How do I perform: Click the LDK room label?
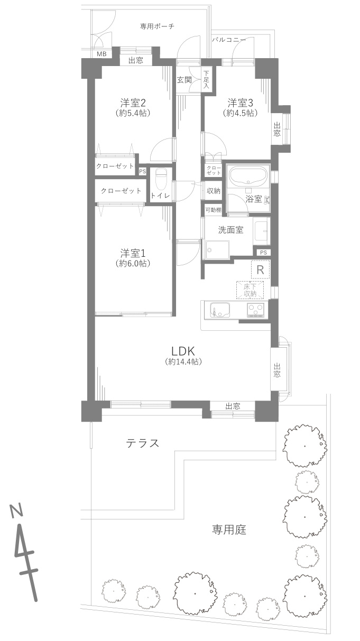(x=183, y=350)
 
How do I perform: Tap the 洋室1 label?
(x=133, y=253)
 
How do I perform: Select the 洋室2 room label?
(x=133, y=103)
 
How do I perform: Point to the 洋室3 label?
(x=241, y=103)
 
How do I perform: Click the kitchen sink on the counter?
(x=220, y=310)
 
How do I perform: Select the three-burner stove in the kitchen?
(x=256, y=310)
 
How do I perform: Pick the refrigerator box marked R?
(x=261, y=270)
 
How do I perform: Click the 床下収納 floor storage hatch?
(x=250, y=290)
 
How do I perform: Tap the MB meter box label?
(x=101, y=54)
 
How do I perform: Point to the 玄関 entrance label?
(x=184, y=80)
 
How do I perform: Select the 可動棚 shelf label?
(x=213, y=210)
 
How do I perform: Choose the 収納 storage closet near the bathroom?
(x=214, y=191)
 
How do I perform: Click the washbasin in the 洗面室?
(x=262, y=231)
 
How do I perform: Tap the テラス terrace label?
(x=143, y=443)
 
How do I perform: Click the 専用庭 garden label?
(x=229, y=529)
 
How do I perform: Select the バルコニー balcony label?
(x=229, y=40)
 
